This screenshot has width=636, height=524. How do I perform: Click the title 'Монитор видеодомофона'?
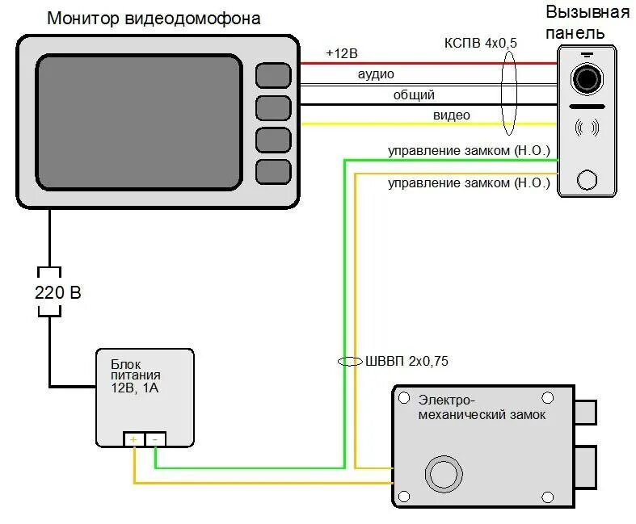(154, 18)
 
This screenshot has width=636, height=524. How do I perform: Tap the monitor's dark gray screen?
(139, 121)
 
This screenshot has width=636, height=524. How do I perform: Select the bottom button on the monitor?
(272, 171)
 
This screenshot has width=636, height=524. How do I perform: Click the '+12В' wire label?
(341, 53)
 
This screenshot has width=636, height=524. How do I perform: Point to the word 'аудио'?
(376, 74)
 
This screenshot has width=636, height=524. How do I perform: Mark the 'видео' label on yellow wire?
(451, 115)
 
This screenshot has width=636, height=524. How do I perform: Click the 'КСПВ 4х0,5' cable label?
(480, 42)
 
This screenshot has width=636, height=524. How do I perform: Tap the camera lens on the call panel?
(587, 78)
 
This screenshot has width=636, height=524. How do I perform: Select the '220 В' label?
(57, 292)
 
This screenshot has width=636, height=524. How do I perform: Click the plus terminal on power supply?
(133, 439)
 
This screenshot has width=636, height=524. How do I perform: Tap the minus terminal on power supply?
(155, 439)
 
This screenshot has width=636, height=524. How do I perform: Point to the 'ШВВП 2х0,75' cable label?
(406, 361)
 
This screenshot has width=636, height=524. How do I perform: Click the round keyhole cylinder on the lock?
(443, 474)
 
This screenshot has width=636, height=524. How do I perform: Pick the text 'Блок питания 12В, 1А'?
(135, 376)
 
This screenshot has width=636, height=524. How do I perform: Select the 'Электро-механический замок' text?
(482, 407)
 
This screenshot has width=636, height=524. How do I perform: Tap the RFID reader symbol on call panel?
(587, 128)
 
